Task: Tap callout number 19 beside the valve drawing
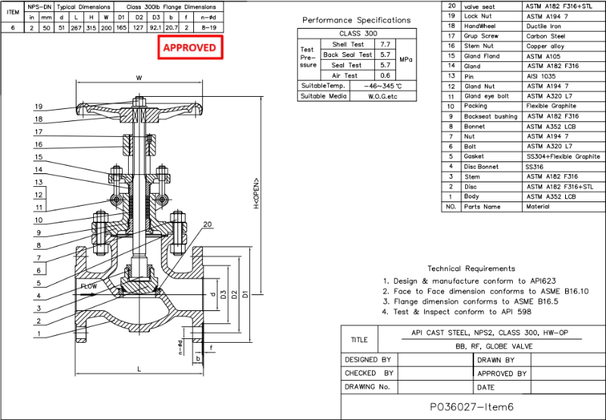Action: click(38, 107)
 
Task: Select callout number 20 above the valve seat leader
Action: click(208, 224)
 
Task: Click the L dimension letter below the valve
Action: click(139, 369)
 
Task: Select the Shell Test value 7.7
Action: click(386, 45)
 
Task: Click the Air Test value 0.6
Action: click(386, 75)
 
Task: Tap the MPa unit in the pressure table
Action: click(406, 60)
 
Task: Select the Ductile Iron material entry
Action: click(546, 26)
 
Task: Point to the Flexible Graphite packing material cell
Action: click(552, 106)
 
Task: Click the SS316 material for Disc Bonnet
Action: click(535, 166)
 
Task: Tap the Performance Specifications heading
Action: click(356, 20)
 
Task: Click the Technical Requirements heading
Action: click(470, 269)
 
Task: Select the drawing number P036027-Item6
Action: click(471, 406)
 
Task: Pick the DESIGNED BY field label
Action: click(368, 360)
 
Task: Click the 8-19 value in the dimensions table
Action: click(209, 26)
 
